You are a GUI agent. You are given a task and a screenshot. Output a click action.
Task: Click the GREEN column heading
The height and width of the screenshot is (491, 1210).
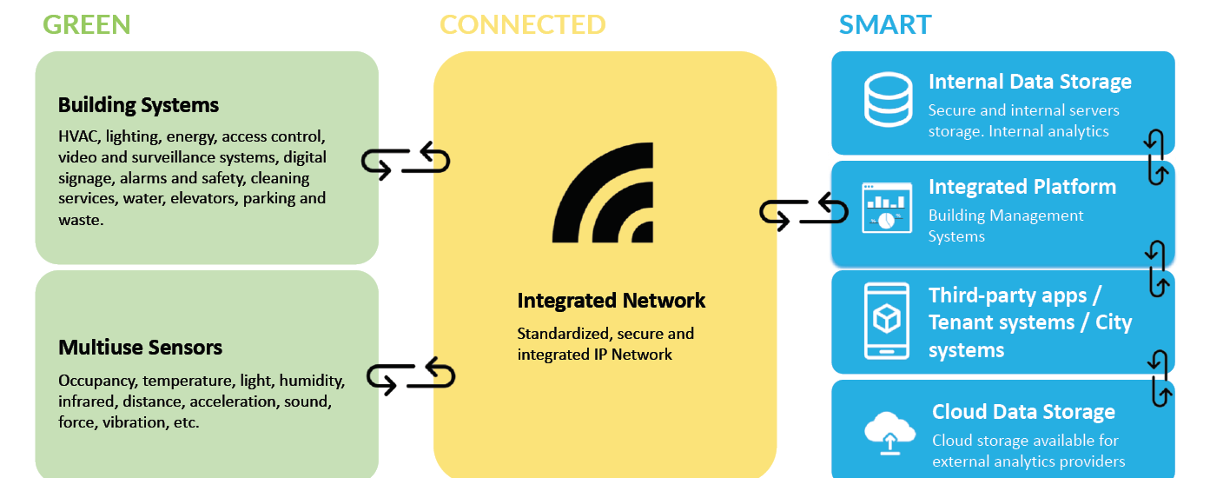(87, 24)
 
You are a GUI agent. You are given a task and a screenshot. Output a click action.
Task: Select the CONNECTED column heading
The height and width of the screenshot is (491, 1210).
(522, 24)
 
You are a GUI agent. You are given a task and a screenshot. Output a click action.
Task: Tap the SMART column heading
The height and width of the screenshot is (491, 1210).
(885, 24)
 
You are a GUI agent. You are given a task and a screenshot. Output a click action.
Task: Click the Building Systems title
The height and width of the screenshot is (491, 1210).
(138, 106)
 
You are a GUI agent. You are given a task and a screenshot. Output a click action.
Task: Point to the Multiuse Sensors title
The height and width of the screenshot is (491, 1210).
(140, 348)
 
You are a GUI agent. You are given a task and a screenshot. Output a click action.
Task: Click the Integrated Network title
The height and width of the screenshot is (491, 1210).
(612, 301)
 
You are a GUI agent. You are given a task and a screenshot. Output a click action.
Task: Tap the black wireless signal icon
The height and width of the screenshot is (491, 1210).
(603, 199)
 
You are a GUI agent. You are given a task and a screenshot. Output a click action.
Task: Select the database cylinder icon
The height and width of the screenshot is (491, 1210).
(888, 100)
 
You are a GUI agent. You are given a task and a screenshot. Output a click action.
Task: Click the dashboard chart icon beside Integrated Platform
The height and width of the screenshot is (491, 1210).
(886, 208)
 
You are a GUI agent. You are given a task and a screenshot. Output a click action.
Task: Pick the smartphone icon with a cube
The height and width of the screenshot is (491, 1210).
(887, 321)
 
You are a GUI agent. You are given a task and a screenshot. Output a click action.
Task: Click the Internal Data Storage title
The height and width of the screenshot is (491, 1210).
(1029, 82)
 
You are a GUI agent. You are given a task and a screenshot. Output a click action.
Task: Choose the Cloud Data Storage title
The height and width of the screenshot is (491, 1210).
(1023, 412)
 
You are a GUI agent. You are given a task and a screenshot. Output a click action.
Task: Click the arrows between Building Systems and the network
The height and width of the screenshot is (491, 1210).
(406, 162)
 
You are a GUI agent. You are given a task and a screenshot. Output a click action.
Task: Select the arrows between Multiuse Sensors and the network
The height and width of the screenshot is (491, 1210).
(410, 375)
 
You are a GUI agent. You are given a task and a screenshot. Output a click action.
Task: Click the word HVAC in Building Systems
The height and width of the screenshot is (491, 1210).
(77, 136)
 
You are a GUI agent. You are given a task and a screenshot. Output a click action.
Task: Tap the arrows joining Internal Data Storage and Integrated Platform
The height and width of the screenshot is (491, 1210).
(1155, 157)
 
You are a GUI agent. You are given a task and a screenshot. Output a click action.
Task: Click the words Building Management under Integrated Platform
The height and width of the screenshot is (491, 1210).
(1006, 216)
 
